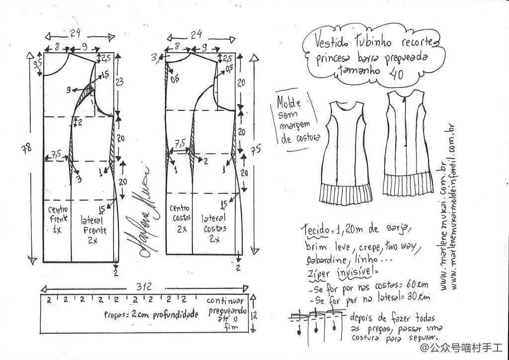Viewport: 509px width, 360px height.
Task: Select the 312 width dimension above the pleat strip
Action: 145,286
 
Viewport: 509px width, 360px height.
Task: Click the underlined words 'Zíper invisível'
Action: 342,273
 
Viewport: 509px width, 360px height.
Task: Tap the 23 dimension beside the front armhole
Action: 121,81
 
